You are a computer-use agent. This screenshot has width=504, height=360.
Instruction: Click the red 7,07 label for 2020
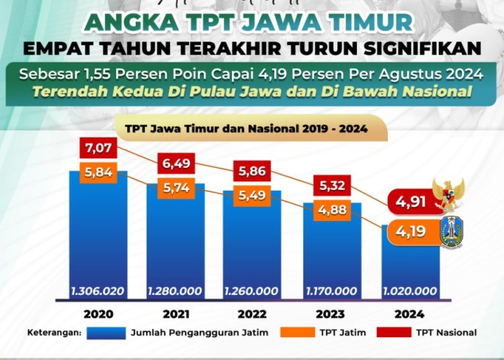[98, 147]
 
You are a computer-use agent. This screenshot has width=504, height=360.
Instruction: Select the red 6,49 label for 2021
[175, 164]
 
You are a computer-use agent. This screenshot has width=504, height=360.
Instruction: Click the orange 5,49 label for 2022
[253, 196]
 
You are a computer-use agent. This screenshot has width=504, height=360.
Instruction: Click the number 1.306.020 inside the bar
[98, 291]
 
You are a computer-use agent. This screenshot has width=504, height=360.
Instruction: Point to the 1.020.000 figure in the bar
[410, 291]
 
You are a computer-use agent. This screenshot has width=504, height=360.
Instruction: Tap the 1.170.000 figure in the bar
[332, 291]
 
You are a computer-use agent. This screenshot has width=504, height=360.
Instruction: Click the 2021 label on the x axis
[175, 314]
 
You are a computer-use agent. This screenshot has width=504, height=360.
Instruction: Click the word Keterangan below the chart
[54, 332]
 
